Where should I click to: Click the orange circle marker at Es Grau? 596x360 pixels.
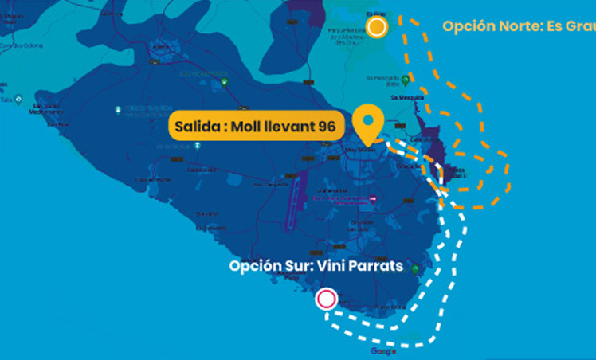(378, 28)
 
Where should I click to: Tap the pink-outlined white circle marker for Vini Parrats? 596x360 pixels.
(326, 299)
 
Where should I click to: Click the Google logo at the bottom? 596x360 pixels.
(383, 351)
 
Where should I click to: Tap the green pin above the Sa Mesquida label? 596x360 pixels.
(406, 80)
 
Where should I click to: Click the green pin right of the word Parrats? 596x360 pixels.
(414, 269)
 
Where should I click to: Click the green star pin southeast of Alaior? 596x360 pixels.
(226, 83)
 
